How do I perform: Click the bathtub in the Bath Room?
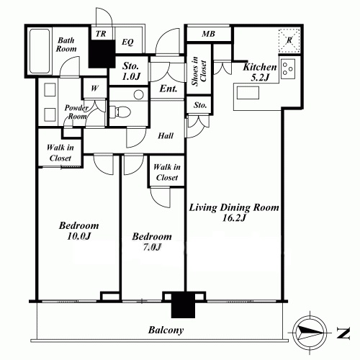click(x=40, y=51)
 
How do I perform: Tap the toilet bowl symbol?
click(x=121, y=112)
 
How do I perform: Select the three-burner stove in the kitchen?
click(x=287, y=69)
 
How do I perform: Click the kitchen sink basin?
click(x=248, y=93)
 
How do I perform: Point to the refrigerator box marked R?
click(x=289, y=40)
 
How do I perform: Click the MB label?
click(x=208, y=34)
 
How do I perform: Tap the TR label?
click(x=101, y=34)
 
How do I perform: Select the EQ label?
click(x=127, y=42)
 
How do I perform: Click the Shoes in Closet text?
click(x=199, y=71)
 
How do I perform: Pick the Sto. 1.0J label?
click(x=131, y=71)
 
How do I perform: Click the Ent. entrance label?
click(x=168, y=89)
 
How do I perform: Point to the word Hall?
click(x=166, y=136)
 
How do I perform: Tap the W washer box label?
click(x=94, y=89)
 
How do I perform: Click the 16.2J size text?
click(x=234, y=218)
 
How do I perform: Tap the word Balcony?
click(x=166, y=330)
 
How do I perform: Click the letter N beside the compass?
click(x=343, y=333)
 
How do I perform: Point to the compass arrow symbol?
click(x=310, y=333)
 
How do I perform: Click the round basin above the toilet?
click(x=138, y=94)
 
